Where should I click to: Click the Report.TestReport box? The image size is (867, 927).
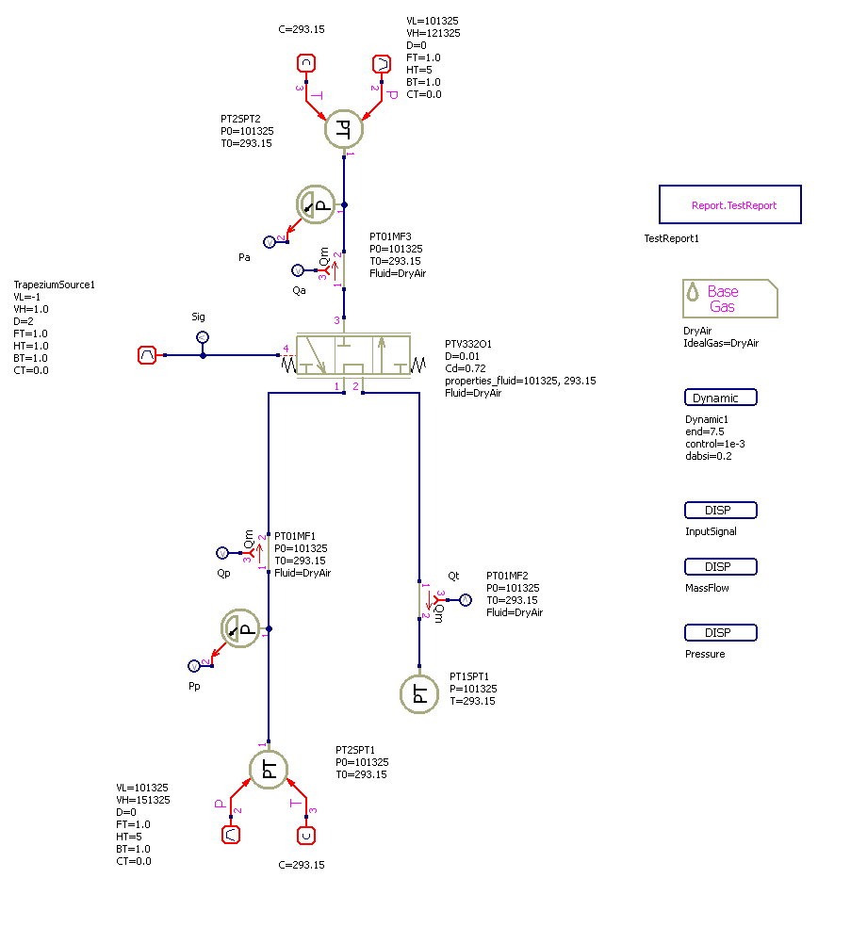click(729, 204)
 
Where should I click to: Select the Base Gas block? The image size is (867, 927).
click(730, 299)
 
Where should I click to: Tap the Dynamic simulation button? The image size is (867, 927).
click(721, 398)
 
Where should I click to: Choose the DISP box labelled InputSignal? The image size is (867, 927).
click(721, 511)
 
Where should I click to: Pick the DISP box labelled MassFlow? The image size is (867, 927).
click(721, 567)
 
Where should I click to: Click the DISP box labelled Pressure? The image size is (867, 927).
click(721, 633)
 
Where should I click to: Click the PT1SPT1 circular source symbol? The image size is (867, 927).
click(420, 695)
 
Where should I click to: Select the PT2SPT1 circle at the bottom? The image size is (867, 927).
click(270, 769)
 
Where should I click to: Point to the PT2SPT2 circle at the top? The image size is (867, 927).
click(344, 129)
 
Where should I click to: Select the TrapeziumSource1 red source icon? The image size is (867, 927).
click(147, 355)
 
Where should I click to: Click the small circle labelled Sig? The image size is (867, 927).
click(203, 336)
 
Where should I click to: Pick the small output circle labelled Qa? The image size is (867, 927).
click(299, 269)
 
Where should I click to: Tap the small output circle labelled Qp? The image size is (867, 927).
click(222, 553)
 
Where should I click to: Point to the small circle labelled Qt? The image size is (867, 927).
click(466, 599)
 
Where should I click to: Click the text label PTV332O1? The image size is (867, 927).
click(468, 344)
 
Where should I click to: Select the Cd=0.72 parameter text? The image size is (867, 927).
click(466, 368)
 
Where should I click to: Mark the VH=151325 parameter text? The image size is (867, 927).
click(143, 800)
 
